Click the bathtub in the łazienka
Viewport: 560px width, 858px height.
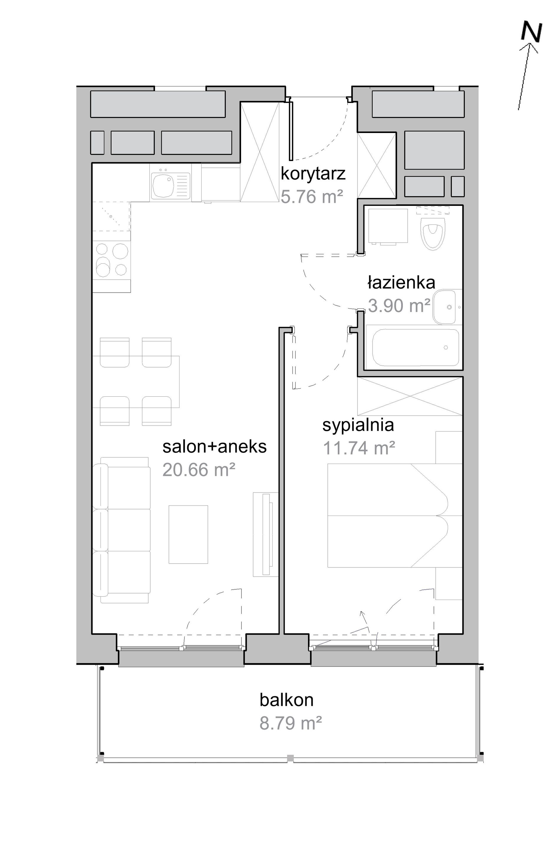pyautogui.click(x=415, y=347)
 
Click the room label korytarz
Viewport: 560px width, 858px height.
pyautogui.click(x=313, y=174)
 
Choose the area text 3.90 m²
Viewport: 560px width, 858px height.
pyautogui.click(x=399, y=305)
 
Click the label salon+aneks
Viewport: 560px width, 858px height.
pyautogui.click(x=214, y=446)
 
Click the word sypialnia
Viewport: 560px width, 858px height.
pyautogui.click(x=358, y=426)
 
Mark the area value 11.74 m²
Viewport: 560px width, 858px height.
pyautogui.click(x=359, y=448)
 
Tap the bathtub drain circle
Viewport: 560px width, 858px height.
pyautogui.click(x=446, y=347)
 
